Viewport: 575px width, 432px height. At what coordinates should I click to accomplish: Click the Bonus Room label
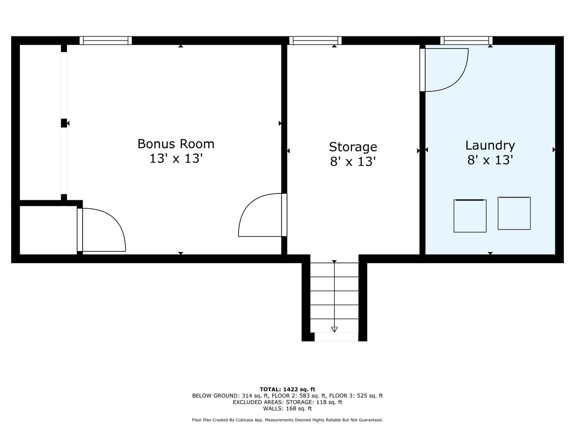[176, 144]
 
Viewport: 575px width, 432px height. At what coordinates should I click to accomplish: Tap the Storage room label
[353, 147]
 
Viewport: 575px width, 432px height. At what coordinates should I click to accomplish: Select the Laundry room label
[490, 146]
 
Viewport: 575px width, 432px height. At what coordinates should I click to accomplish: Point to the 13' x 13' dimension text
[176, 159]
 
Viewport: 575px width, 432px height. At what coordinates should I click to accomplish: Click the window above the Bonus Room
[106, 40]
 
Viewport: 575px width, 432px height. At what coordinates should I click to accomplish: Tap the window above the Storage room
[315, 40]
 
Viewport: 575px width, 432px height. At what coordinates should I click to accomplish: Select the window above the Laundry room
[466, 40]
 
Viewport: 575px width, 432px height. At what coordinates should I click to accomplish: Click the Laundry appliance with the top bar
[470, 216]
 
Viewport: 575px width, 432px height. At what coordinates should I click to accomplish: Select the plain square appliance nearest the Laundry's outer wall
[514, 213]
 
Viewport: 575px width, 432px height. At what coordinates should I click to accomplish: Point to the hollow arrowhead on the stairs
[334, 329]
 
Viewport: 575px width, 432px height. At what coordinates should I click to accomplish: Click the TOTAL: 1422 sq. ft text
[287, 389]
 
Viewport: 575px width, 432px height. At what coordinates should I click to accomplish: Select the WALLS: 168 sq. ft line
[287, 409]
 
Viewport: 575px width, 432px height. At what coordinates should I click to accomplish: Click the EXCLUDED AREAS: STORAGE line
[287, 402]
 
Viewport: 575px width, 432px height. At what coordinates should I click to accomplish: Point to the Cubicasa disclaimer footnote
[287, 420]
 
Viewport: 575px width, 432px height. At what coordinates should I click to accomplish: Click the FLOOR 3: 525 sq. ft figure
[356, 396]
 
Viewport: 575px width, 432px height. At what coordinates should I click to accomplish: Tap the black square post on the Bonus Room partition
[64, 123]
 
